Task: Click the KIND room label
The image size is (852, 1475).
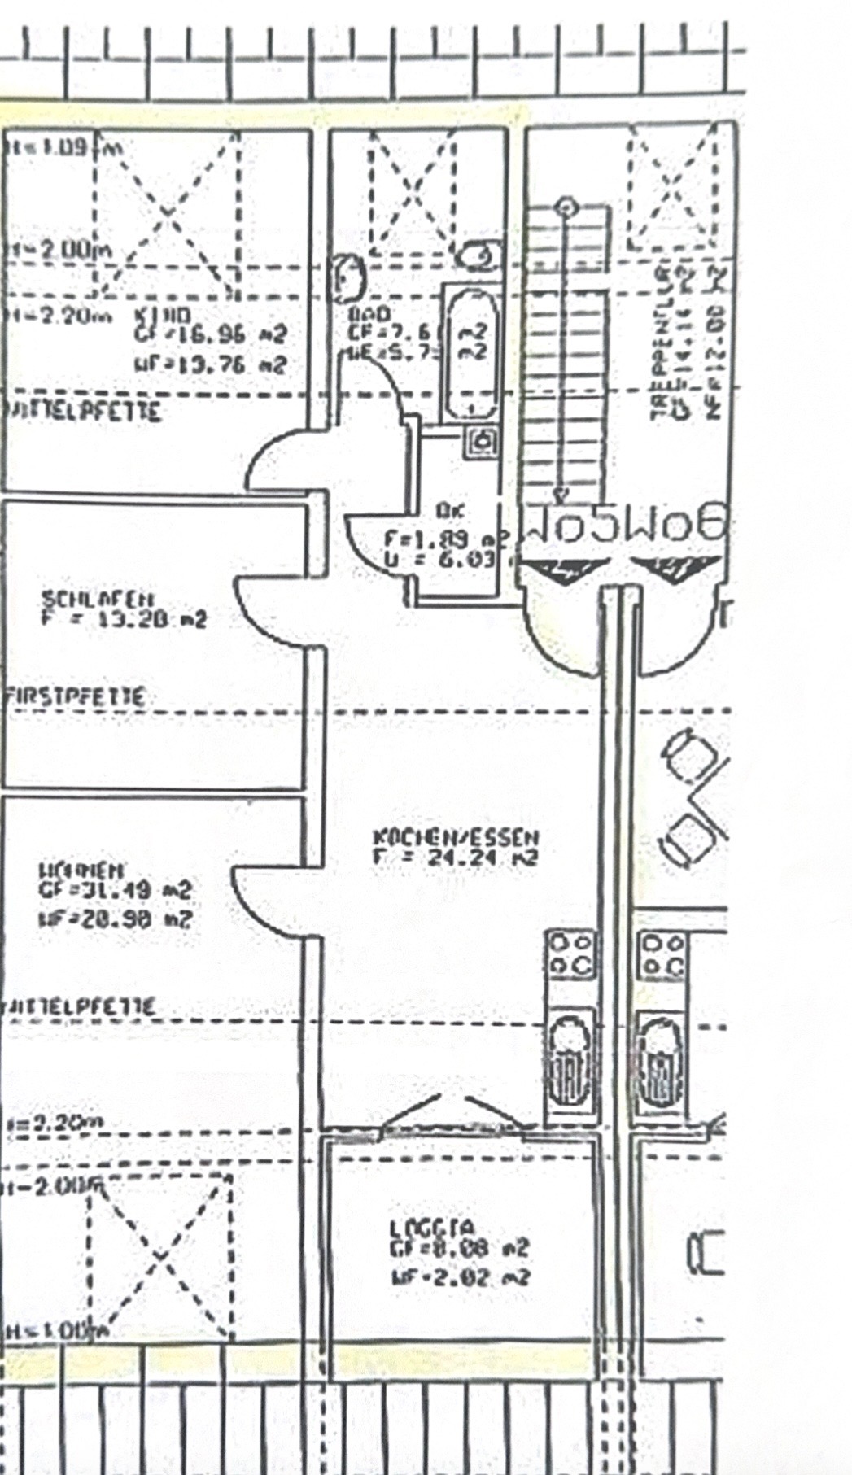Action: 162,315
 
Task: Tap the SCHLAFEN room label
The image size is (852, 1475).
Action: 98,599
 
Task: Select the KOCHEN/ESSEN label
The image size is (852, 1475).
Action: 456,836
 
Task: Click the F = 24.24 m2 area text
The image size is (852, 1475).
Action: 456,857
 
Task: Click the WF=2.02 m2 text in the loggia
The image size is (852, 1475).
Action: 460,1276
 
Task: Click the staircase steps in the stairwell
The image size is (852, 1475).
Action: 564,350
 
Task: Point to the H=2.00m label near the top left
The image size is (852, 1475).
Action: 57,251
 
